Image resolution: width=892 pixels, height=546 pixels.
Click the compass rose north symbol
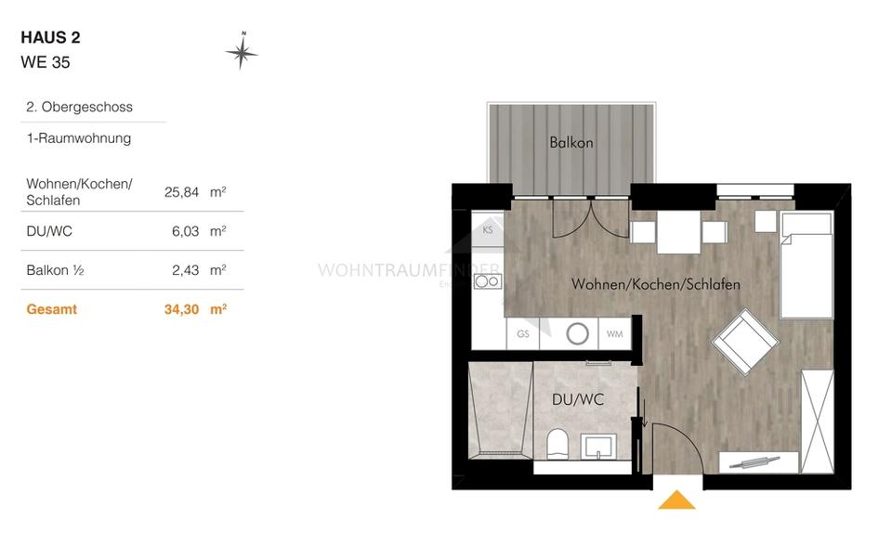(242, 52)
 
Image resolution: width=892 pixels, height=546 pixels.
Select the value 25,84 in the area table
(180, 192)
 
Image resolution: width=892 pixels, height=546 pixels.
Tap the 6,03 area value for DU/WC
(185, 231)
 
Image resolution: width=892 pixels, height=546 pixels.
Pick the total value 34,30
(181, 309)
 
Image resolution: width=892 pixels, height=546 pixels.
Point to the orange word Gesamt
(52, 309)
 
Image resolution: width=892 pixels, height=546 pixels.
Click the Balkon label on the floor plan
(571, 143)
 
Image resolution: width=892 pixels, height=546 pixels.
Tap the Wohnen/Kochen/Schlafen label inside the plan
(656, 284)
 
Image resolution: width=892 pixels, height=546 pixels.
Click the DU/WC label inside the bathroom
(578, 399)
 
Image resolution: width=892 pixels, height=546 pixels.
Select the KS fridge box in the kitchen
(488, 229)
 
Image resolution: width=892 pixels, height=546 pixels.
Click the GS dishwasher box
(523, 333)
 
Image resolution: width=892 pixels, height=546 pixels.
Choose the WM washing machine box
(614, 333)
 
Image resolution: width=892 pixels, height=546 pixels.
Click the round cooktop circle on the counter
(578, 333)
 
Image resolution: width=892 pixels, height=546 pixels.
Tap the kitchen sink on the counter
(487, 281)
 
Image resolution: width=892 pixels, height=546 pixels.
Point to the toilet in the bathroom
(558, 443)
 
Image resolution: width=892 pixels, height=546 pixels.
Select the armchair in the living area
(745, 343)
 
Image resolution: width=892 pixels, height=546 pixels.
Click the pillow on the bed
(806, 224)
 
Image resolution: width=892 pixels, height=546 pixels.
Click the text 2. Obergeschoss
(80, 107)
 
